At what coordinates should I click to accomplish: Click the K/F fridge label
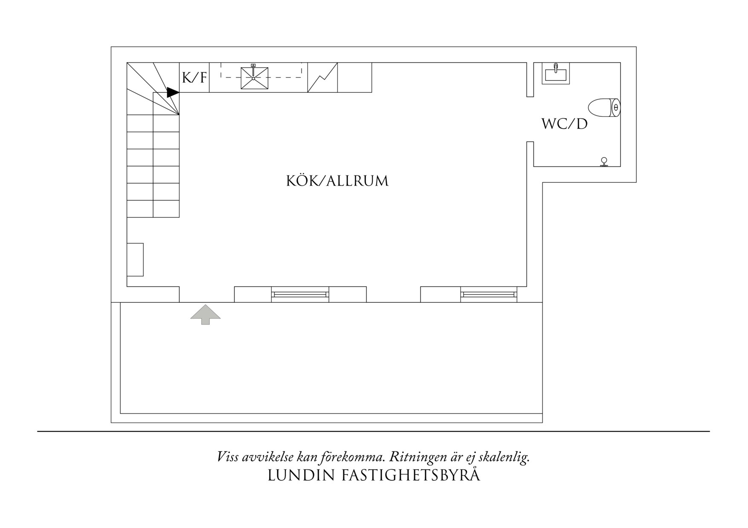pos(194,78)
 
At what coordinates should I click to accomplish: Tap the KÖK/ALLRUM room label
pos(337,181)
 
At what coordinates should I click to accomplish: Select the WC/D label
pos(564,124)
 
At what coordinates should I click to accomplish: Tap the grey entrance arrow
pos(206,315)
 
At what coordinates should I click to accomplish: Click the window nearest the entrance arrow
pos(300,294)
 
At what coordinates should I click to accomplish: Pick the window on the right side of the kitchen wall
pos(489,294)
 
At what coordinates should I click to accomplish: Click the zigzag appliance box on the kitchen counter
pos(322,77)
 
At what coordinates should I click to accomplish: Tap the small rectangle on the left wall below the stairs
pos(135,259)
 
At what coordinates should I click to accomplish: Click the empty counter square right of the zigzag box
pos(354,77)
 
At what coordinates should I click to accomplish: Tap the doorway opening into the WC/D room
pos(530,119)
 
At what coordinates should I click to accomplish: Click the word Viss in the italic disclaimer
pos(228,457)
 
